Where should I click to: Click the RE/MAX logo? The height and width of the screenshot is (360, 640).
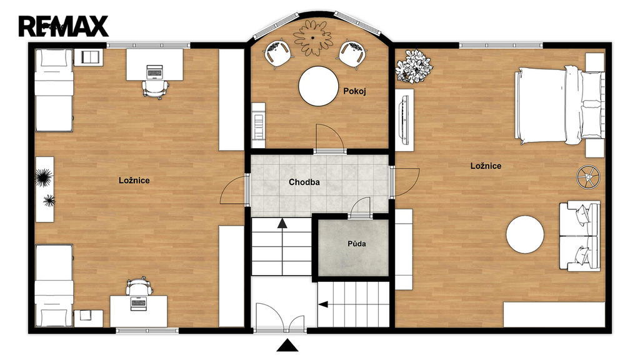click(63, 26)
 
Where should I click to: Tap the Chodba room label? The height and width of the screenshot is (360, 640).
click(304, 182)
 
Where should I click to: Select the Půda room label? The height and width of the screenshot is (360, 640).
click(356, 244)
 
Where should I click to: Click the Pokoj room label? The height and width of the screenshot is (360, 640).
click(354, 91)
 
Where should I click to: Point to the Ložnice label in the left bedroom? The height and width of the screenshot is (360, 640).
click(134, 181)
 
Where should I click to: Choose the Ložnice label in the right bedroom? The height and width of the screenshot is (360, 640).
click(486, 166)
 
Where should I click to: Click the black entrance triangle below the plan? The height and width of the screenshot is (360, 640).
click(287, 345)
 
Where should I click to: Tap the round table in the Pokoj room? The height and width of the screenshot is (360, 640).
click(318, 86)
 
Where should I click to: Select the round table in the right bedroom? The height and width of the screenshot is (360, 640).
click(525, 235)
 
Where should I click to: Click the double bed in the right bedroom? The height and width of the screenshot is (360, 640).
click(559, 105)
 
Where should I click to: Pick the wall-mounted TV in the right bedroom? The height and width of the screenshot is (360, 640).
click(404, 119)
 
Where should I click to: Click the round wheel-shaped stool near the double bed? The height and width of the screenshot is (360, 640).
click(588, 177)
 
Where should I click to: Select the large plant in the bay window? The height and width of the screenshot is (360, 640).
click(314, 37)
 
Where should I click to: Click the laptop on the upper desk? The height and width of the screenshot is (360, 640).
click(154, 71)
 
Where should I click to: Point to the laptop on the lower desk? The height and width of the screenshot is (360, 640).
click(138, 304)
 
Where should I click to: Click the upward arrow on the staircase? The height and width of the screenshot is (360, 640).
click(282, 223)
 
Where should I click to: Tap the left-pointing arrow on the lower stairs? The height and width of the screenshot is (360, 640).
click(323, 304)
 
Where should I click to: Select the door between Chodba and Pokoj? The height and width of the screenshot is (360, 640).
click(329, 139)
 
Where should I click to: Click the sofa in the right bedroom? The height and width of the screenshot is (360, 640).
click(579, 236)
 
